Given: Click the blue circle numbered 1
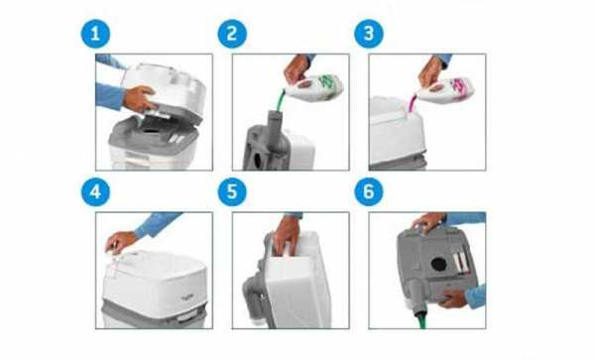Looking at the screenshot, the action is [x=95, y=34].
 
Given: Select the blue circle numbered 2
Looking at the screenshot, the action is [x=232, y=34].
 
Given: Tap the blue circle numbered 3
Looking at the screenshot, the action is [x=369, y=34].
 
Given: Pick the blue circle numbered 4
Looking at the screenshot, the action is [x=95, y=192].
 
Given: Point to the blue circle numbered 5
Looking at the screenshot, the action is [x=232, y=192].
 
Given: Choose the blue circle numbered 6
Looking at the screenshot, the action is [x=369, y=192].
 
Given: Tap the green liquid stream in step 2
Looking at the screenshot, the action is [x=281, y=100].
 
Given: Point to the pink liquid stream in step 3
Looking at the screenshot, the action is [x=413, y=103].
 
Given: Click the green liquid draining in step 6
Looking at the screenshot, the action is [x=422, y=321].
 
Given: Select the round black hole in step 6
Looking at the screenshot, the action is [x=439, y=264].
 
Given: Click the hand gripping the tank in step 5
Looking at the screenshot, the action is [x=287, y=235].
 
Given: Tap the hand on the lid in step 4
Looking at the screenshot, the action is [x=120, y=242].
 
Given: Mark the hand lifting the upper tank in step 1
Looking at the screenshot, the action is [x=139, y=98].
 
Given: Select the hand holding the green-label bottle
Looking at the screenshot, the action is [x=297, y=69].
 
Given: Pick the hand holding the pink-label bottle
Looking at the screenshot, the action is [x=430, y=72].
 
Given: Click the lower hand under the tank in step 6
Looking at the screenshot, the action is [x=453, y=299].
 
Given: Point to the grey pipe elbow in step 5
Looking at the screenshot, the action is [x=254, y=293].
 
